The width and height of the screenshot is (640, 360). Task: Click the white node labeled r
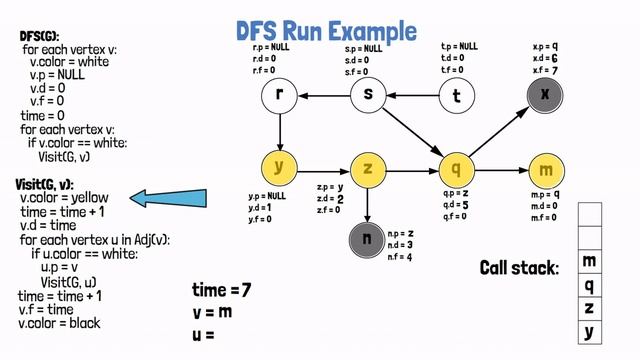[x=280, y=96]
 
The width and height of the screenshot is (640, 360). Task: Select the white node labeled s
[x=368, y=96]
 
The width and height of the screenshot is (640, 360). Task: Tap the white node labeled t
[x=456, y=96]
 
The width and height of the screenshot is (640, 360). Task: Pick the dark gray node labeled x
[x=545, y=95]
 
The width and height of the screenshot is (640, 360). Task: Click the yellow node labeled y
[x=280, y=168]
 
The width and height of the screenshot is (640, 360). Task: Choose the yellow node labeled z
[x=368, y=168]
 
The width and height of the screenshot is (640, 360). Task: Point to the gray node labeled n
[x=368, y=239]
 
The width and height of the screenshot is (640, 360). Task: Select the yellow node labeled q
[x=456, y=168]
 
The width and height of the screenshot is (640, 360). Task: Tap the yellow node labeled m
[x=545, y=168]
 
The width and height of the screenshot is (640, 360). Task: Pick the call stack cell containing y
[x=589, y=331]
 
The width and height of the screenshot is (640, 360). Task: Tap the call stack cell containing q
[x=589, y=286]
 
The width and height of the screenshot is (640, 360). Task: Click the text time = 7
[x=221, y=290]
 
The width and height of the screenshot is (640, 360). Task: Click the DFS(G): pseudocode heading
[x=39, y=36]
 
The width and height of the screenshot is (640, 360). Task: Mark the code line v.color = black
[x=60, y=323]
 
